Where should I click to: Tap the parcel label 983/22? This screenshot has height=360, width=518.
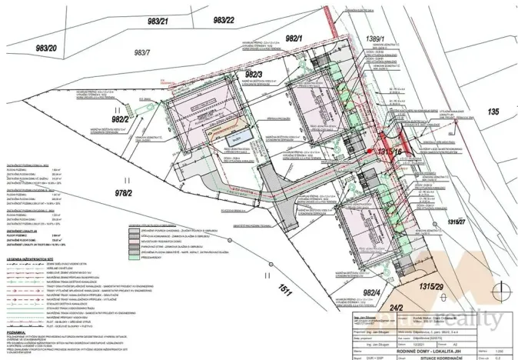(x=224, y=20)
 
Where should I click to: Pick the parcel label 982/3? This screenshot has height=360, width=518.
(x=254, y=74)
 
